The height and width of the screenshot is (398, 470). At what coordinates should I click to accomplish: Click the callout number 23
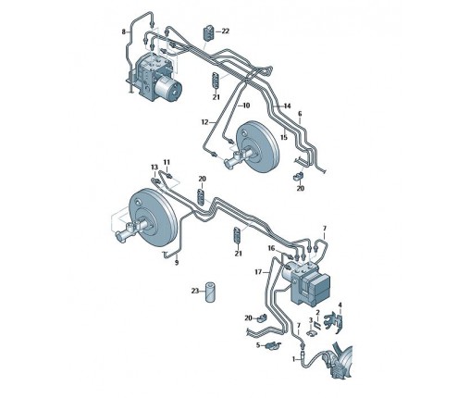[195, 291]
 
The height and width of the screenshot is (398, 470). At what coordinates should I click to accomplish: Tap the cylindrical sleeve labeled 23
[210, 292]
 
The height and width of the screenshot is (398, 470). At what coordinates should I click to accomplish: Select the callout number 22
[226, 31]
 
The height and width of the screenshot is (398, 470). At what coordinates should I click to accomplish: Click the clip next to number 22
[208, 33]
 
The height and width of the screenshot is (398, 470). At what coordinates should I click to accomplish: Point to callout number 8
[124, 31]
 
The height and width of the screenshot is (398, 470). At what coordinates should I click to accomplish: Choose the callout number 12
[204, 122]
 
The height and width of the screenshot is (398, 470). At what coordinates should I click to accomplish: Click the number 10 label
[246, 106]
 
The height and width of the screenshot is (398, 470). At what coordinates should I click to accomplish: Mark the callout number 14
[287, 106]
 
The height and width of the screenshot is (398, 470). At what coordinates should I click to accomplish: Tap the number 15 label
[284, 137]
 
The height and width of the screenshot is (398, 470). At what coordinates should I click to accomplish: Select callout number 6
[300, 114]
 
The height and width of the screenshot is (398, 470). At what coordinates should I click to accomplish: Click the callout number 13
[155, 168]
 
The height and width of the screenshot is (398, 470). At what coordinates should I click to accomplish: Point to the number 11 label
[167, 162]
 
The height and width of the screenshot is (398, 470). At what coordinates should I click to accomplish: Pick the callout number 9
[177, 263]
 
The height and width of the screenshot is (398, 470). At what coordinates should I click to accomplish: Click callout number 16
[271, 248]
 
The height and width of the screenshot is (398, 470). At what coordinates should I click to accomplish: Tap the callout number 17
[258, 272]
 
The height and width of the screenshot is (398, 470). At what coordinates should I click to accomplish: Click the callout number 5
[258, 345]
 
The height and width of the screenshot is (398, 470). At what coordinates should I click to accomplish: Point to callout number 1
[294, 359]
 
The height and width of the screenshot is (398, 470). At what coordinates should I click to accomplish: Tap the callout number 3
[311, 320]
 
